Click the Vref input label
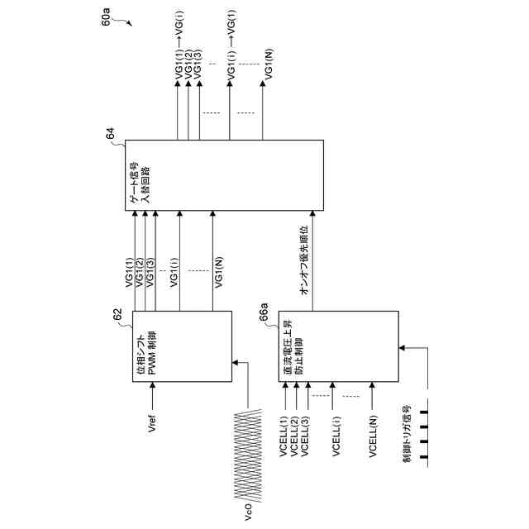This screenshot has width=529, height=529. [150, 436]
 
